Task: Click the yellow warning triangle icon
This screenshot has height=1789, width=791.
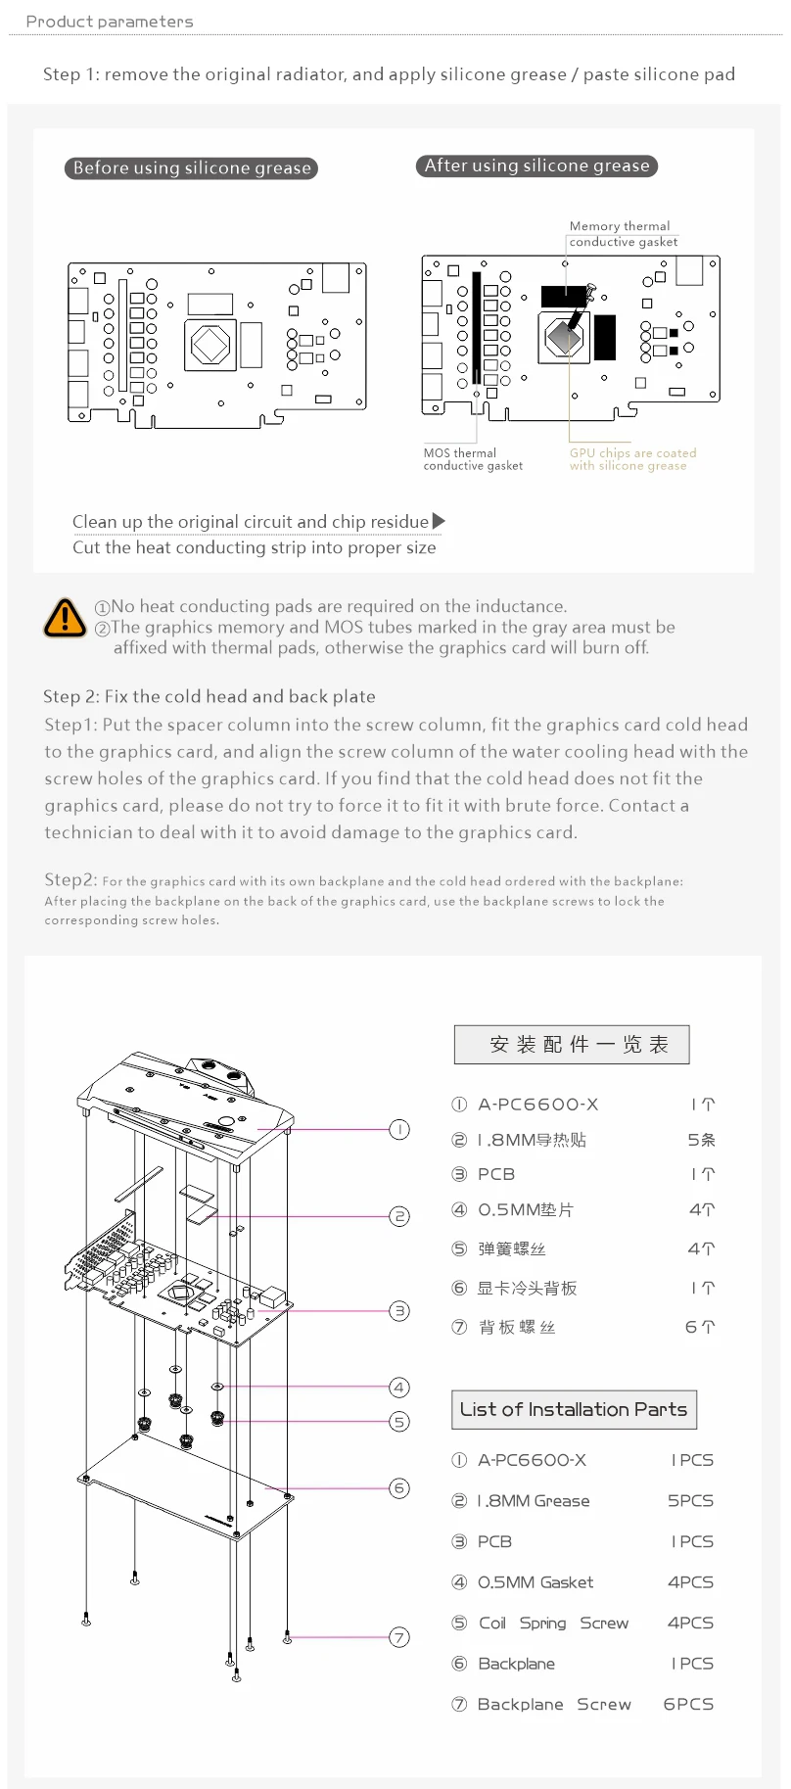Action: coord(65,618)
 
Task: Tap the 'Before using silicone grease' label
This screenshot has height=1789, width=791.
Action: coord(192,168)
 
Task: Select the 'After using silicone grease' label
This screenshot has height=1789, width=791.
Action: coord(536,166)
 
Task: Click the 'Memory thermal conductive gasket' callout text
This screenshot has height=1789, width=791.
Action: coord(623,234)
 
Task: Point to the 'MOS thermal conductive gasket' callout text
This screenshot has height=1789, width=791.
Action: coord(472,459)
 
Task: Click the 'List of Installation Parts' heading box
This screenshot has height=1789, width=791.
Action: coord(574,1409)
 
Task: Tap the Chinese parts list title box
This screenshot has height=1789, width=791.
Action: coord(572,1045)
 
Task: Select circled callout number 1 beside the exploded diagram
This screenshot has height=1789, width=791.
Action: coord(399,1130)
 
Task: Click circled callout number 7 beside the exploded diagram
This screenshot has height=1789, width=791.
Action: coord(399,1637)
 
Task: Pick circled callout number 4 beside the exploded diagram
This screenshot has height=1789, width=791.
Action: coord(399,1388)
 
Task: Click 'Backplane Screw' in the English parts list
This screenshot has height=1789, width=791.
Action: coord(554,1705)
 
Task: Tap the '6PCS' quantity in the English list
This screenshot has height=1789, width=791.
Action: coord(688,1705)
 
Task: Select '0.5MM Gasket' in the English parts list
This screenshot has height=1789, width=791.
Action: coord(535,1582)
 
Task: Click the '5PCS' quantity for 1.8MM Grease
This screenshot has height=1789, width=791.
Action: coord(690,1501)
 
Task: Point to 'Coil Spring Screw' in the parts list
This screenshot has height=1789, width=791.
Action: coord(553,1624)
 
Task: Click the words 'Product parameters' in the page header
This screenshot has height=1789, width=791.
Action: coord(110,22)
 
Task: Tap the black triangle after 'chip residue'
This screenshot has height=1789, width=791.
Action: coord(439,521)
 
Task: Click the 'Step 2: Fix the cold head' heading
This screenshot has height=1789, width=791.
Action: coord(209,697)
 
